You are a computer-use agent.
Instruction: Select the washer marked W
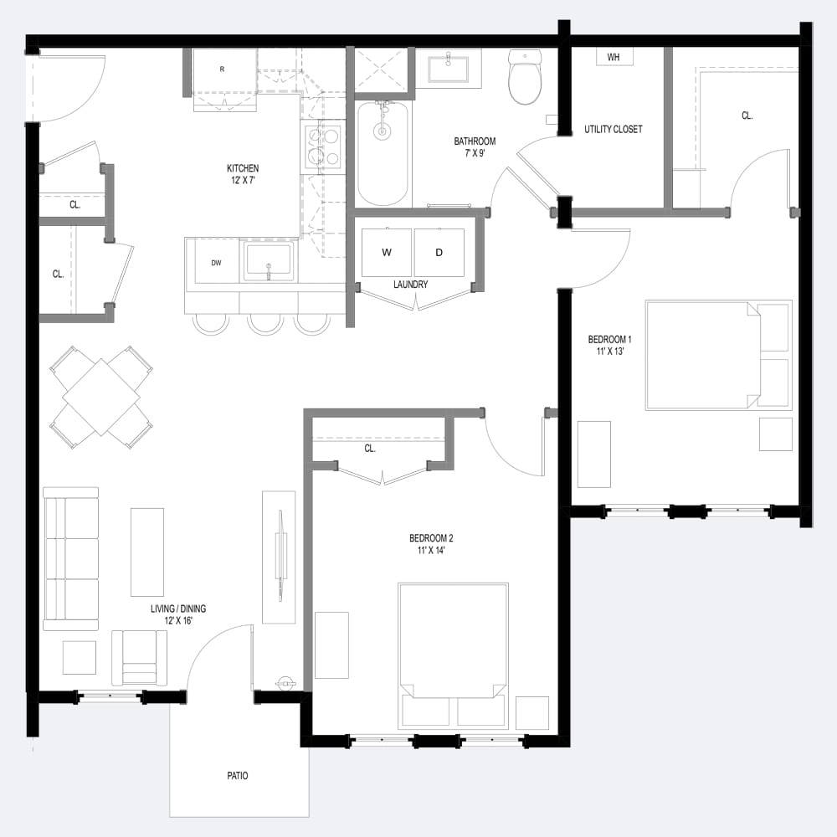387,252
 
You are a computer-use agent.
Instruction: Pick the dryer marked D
439,252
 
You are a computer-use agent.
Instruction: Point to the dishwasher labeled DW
216,263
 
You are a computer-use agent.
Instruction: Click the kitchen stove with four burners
322,146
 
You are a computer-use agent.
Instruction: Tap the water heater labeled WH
614,57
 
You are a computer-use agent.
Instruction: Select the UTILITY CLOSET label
614,130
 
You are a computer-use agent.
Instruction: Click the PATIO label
237,776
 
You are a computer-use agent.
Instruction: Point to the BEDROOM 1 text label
609,340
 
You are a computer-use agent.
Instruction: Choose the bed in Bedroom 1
716,355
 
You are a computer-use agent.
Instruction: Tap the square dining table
101,397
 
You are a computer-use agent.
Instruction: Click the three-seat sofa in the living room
70,558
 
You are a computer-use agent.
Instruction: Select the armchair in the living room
139,657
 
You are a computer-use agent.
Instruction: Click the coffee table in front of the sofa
147,552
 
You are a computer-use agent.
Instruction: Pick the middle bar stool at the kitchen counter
265,323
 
